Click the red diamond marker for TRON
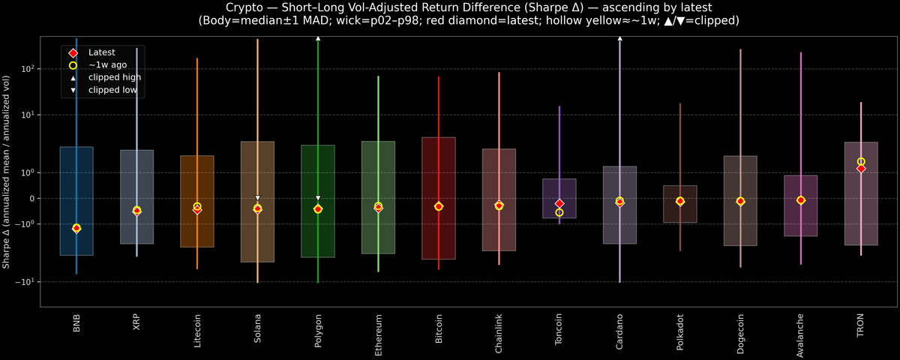click(861, 169)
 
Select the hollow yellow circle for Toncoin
click(559, 213)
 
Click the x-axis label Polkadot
click(680, 330)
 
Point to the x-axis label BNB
click(76, 323)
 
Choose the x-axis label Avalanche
click(801, 332)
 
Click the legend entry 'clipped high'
click(114, 77)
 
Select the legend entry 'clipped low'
click(112, 90)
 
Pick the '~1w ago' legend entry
click(107, 65)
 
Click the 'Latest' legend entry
click(102, 52)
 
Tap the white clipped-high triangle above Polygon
click(318, 37)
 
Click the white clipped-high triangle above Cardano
click(620, 37)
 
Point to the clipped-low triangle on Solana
click(257, 198)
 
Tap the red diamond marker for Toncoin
click(559, 204)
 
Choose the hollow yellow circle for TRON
click(861, 162)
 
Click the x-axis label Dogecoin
click(741, 331)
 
